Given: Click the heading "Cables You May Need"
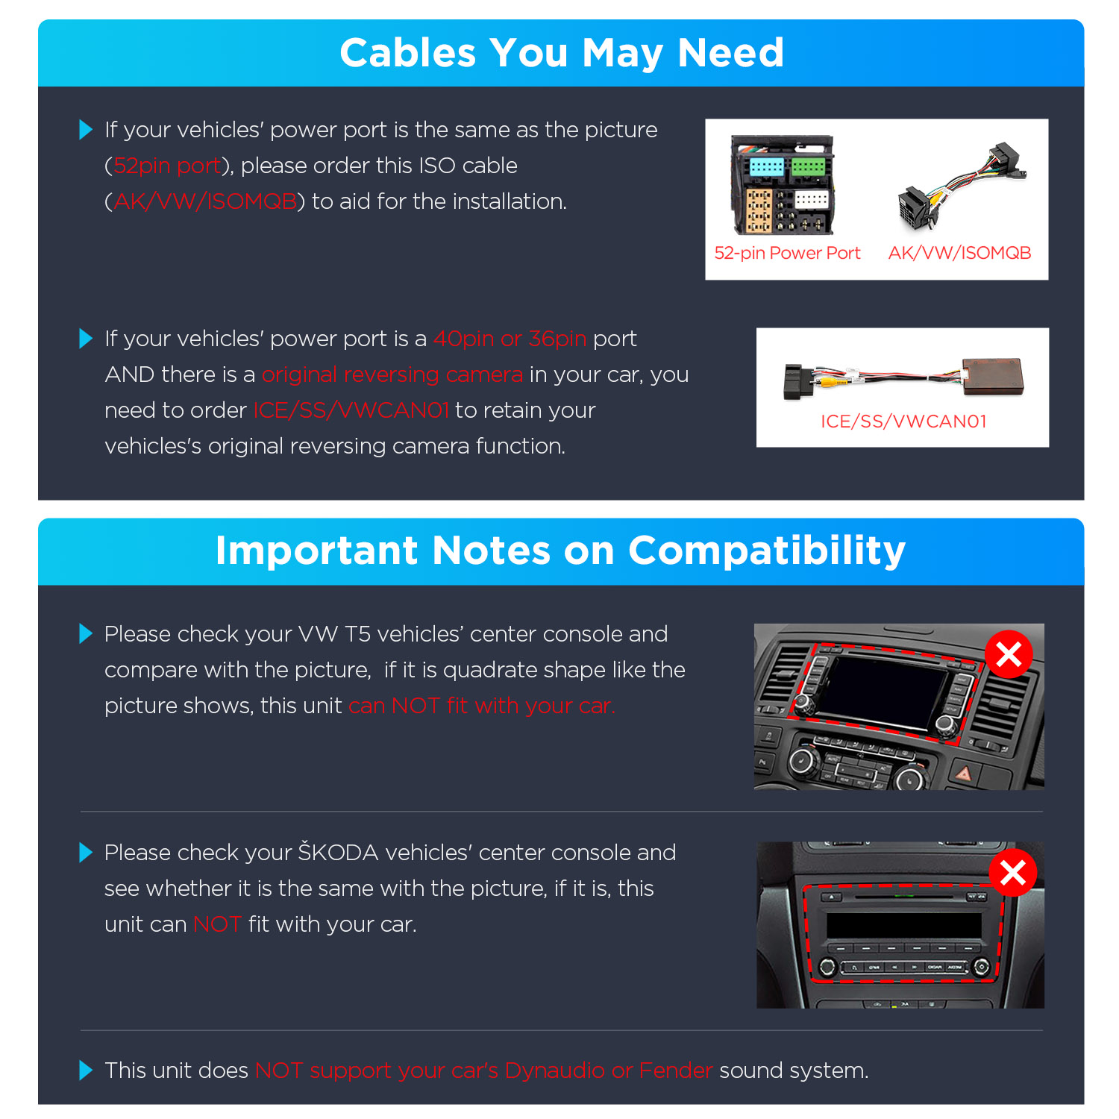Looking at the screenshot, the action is point(561,53).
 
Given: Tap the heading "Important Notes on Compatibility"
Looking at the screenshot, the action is point(560,551).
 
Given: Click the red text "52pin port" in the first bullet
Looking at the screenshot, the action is point(168,166).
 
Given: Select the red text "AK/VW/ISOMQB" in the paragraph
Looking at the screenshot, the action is point(205,201).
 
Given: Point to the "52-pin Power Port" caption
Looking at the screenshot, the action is point(787,253).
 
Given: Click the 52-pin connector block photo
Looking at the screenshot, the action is point(783,185).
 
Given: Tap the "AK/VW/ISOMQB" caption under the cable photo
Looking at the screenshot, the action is point(959,253).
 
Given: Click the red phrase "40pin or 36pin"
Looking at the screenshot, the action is point(510,339).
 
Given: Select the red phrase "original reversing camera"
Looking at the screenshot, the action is point(392,374).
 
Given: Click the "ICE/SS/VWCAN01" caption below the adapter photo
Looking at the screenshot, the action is point(903,421).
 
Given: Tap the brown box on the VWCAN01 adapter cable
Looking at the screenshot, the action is point(993,376).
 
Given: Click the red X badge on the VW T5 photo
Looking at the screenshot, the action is point(1009,654).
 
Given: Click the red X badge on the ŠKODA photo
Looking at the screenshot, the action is point(1012,872).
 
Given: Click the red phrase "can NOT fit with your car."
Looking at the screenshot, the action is point(482,706).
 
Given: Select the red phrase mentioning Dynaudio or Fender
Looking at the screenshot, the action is point(484,1071).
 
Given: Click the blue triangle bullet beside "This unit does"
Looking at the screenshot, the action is point(86,1071).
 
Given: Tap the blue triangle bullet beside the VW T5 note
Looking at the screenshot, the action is point(86,634).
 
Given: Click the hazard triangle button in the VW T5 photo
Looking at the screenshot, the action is point(964,774).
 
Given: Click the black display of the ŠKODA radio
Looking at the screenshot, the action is point(904,925).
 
